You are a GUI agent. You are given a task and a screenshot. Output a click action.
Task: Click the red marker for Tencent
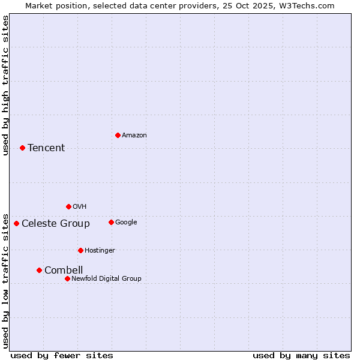click(x=22, y=148)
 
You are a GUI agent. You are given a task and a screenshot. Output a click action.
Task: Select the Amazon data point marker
click(x=118, y=135)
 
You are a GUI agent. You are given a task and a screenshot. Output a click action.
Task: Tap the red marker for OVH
click(x=68, y=206)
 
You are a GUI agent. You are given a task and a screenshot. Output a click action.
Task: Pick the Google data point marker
click(x=111, y=222)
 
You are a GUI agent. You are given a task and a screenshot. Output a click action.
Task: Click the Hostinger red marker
click(x=80, y=250)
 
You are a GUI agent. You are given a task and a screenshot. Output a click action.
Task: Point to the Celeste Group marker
click(x=16, y=223)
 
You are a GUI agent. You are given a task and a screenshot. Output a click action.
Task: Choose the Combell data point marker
click(x=39, y=270)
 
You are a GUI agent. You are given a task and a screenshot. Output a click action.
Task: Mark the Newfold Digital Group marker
click(x=67, y=278)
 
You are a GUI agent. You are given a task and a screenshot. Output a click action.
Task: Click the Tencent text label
click(x=46, y=148)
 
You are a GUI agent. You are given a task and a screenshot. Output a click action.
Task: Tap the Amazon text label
click(x=134, y=136)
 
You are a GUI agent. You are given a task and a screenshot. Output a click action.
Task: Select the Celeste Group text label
click(x=56, y=224)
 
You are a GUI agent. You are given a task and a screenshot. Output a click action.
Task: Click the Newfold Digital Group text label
click(x=106, y=278)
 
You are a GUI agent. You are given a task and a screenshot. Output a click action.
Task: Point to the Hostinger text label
click(x=100, y=250)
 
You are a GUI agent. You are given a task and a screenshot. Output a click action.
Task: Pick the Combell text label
click(x=64, y=271)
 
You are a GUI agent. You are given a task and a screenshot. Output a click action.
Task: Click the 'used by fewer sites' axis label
click(x=62, y=355)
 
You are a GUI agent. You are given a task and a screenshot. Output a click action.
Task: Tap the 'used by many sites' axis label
click(x=301, y=355)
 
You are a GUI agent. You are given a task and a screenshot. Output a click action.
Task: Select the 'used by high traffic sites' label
click(x=6, y=85)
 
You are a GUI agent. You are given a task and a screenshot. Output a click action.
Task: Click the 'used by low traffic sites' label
click(x=6, y=280)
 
